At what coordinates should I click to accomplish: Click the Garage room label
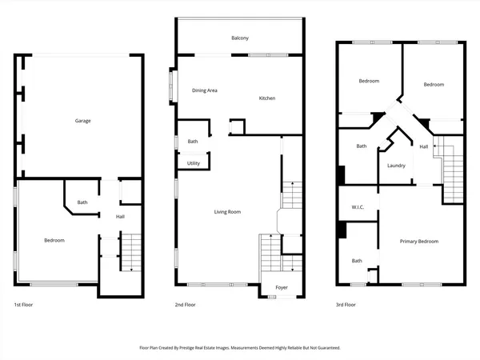click(82, 121)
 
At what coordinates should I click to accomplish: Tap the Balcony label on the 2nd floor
click(240, 38)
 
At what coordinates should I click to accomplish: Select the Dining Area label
click(205, 90)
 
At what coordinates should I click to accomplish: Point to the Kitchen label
click(266, 98)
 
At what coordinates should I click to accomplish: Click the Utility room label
click(194, 163)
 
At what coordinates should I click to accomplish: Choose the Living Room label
click(227, 212)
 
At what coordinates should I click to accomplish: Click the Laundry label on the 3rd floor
click(396, 166)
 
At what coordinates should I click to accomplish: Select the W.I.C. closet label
click(358, 209)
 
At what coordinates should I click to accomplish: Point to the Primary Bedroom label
click(419, 241)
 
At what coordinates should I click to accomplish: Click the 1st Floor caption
click(23, 305)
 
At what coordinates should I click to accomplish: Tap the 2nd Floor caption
click(185, 305)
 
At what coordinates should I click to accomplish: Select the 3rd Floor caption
click(345, 305)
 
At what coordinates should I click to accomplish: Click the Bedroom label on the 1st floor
click(54, 240)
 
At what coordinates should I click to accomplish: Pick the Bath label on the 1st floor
click(82, 202)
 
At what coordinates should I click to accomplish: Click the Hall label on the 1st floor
click(120, 217)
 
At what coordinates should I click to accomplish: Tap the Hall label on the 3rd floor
click(424, 146)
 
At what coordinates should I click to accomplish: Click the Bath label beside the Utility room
click(193, 142)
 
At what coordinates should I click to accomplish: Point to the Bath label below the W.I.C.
click(357, 260)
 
